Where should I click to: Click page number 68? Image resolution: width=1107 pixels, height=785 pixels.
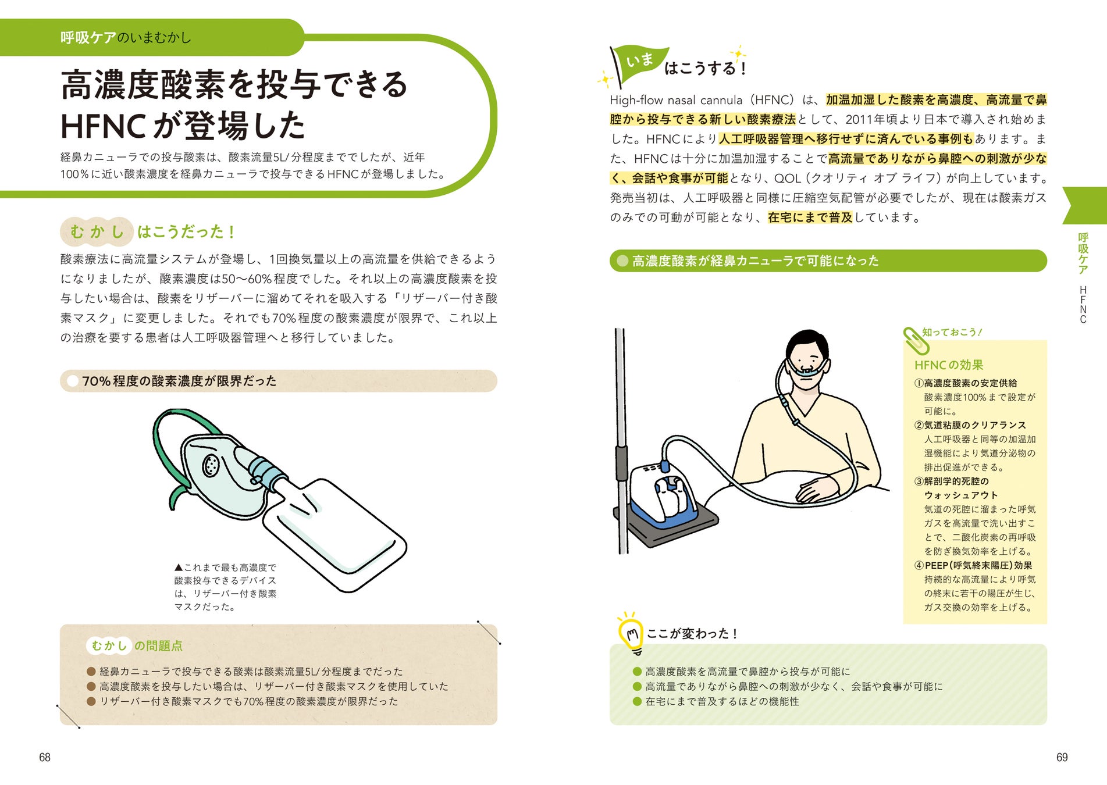click(x=45, y=757)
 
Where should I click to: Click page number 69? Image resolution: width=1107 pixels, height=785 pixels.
click(x=1062, y=757)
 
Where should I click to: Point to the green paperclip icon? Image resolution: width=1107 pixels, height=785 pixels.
click(x=916, y=341)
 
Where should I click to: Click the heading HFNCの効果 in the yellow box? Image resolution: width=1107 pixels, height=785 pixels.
click(x=949, y=365)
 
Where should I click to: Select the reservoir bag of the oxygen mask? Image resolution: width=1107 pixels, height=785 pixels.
click(x=334, y=532)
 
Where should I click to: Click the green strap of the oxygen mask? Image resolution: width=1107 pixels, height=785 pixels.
click(x=175, y=448)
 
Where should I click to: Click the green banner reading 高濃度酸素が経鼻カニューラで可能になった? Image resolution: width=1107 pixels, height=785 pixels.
click(x=828, y=261)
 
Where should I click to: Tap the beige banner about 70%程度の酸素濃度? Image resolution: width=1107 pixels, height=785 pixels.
click(x=278, y=381)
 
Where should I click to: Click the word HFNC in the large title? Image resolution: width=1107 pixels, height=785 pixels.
click(x=103, y=126)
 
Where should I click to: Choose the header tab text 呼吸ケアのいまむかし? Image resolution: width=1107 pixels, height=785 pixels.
click(x=126, y=38)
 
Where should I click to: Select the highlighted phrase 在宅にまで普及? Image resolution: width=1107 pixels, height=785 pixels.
click(x=810, y=217)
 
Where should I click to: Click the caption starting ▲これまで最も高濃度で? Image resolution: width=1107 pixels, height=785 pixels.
click(x=226, y=587)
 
